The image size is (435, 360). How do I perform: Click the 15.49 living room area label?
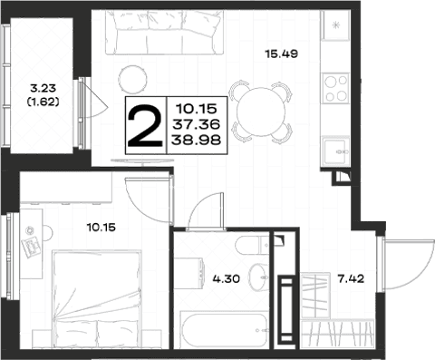tap(282, 54)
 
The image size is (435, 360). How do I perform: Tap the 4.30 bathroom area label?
tap(227, 278)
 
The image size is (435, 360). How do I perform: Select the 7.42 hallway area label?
tap(351, 278)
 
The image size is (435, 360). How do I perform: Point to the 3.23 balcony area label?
tap(43, 88)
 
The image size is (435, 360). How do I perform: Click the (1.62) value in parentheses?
tap(43, 102)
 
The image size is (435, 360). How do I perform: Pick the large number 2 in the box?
tap(145, 125)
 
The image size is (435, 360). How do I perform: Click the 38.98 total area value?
tap(197, 140)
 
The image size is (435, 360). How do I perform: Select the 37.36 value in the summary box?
tap(197, 124)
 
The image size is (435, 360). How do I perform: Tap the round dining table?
tap(261, 112)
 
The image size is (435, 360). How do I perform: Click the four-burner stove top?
tap(335, 88)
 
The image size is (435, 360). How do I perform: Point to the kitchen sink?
tap(336, 151)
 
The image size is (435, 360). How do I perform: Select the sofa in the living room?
tap(164, 33)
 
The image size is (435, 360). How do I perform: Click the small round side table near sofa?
tap(133, 80)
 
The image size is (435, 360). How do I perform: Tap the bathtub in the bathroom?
tap(224, 330)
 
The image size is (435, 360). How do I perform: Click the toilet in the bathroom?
tap(253, 246)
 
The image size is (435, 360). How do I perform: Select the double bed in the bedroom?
tap(97, 298)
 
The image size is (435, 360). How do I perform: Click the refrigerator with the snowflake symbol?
tap(335, 25)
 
